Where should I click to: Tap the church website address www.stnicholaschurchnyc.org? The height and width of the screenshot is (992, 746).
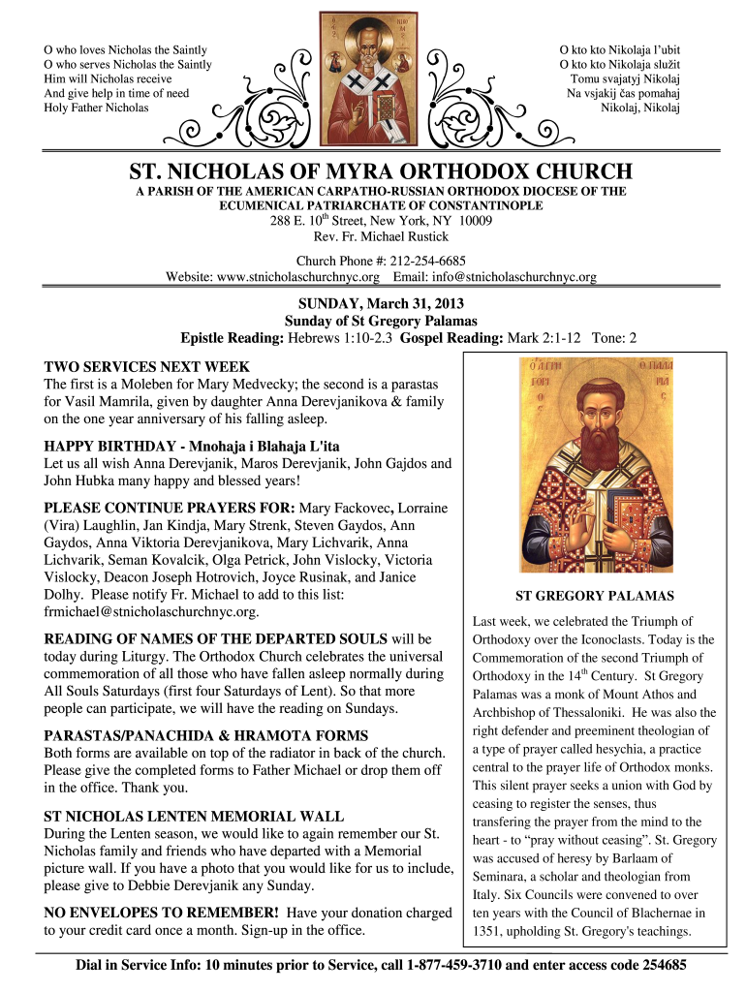pos(297,276)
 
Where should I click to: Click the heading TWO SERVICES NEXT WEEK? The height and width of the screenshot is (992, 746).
pos(147,367)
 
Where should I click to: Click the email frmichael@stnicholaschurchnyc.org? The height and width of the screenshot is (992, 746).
pos(166,612)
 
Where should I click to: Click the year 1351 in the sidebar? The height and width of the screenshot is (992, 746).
pos(488,931)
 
